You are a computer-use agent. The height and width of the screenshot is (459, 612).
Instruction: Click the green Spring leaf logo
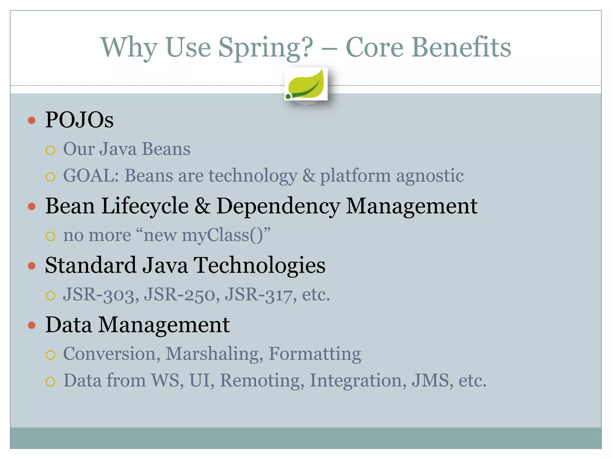[306, 85]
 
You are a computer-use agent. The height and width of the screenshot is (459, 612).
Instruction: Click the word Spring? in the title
[266, 48]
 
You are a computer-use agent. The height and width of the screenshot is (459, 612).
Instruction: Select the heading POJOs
[79, 120]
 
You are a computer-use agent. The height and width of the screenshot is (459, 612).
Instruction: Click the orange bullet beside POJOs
[32, 120]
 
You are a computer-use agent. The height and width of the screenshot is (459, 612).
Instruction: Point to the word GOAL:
[91, 175]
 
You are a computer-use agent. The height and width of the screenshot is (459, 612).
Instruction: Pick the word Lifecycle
[145, 206]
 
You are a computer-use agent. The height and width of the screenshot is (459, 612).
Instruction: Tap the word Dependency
[278, 206]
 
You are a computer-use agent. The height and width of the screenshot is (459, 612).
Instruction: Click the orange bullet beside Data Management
[32, 325]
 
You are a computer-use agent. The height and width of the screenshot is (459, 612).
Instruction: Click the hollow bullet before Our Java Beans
[51, 150]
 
